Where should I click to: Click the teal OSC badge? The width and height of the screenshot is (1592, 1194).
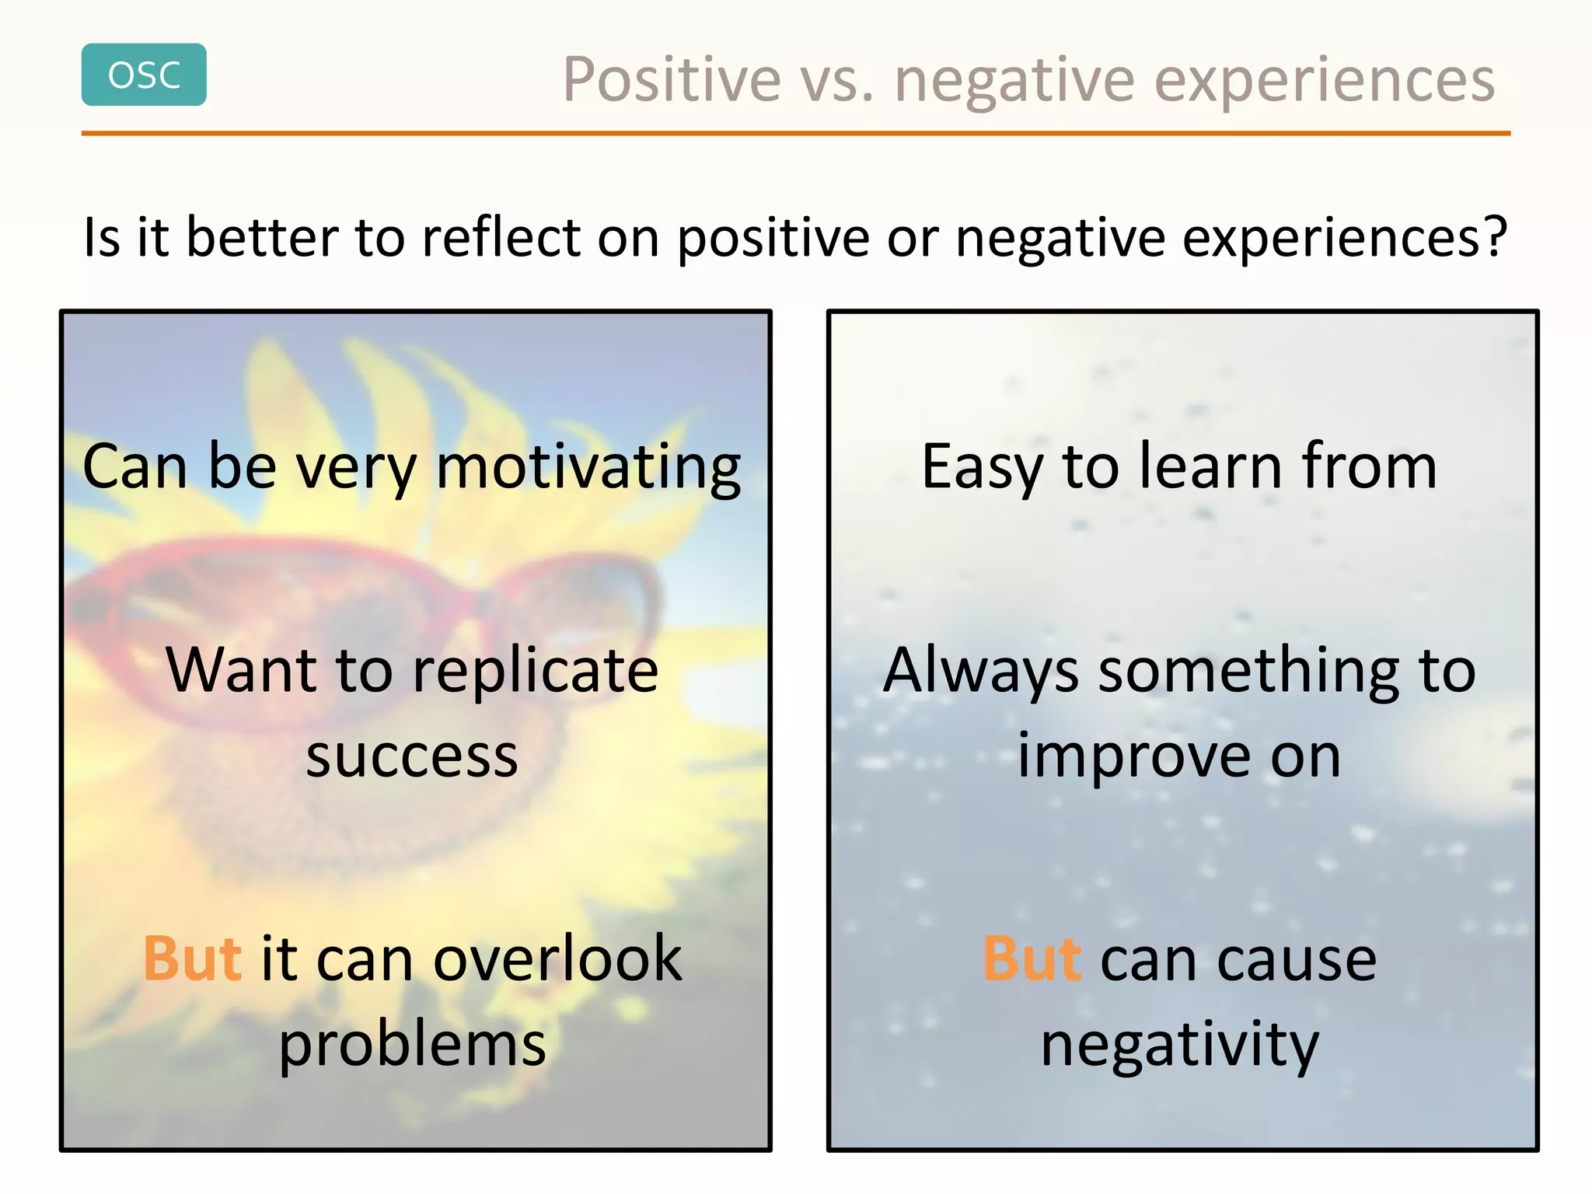tap(144, 75)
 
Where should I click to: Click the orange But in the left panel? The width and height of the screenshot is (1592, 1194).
tap(192, 958)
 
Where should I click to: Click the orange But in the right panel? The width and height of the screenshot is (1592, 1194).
tap(1032, 958)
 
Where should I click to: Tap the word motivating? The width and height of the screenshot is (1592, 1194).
tap(588, 467)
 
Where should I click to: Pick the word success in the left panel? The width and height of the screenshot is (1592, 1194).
tap(412, 756)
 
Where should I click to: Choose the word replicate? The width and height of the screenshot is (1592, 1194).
tap(536, 671)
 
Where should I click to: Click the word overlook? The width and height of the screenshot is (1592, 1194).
tap(557, 959)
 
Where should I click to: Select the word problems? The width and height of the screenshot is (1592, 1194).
tap(412, 1046)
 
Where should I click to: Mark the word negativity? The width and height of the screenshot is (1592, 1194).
tap(1179, 1046)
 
